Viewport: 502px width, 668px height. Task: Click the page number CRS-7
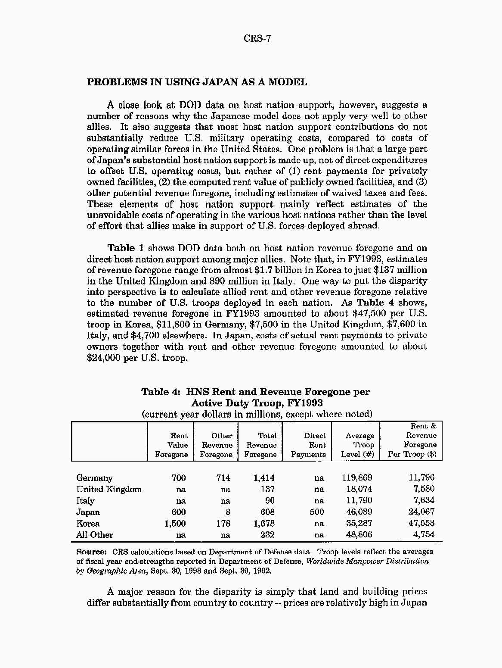[x=257, y=39]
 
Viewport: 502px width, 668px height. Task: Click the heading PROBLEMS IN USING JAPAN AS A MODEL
[x=197, y=82]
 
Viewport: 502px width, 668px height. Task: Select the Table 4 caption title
[x=256, y=397]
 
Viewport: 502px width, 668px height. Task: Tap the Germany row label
[x=94, y=478]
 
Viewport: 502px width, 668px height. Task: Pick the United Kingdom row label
[x=109, y=490]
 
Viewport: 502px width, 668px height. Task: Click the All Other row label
[x=95, y=535]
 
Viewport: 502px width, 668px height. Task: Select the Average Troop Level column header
[x=358, y=445]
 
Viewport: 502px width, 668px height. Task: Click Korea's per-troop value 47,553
[x=421, y=524]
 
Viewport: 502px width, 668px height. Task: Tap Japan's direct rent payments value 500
[x=316, y=512]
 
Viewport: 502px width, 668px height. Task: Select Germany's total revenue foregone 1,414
[x=264, y=478]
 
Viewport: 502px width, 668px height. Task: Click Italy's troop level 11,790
[x=359, y=501]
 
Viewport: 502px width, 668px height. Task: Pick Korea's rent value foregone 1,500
[x=175, y=524]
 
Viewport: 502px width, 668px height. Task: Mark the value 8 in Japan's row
[x=228, y=512]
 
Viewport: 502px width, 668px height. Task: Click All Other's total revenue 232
[x=267, y=535]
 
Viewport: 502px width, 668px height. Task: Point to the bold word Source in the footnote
[x=91, y=552]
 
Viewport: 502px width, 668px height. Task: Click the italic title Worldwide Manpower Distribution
[x=367, y=562]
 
